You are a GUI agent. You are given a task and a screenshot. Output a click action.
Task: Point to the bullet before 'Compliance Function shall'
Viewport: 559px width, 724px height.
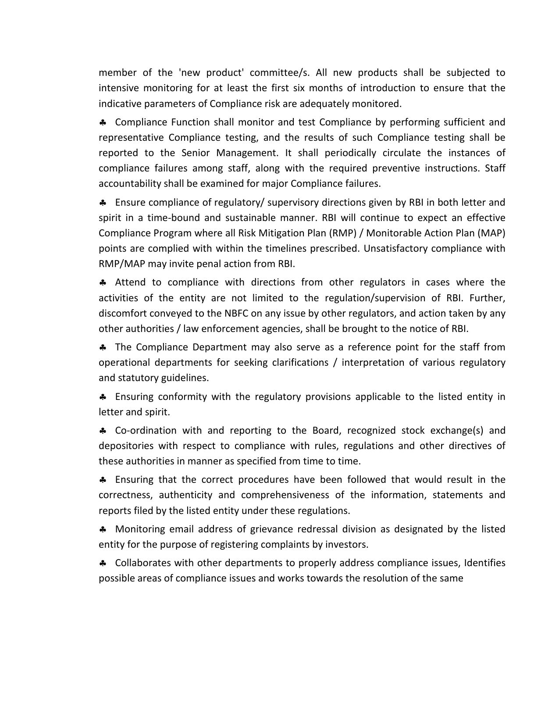(103, 122)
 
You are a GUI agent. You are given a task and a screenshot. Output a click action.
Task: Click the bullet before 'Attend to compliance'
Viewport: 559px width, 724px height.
(103, 282)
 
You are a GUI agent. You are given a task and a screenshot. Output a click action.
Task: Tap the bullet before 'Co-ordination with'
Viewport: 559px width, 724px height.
(103, 431)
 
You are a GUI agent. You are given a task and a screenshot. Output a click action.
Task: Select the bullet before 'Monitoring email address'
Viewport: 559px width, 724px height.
(103, 529)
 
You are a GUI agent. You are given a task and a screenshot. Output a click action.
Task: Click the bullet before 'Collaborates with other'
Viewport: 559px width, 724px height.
(103, 563)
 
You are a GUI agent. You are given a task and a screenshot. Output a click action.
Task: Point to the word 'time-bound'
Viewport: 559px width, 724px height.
(172, 218)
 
